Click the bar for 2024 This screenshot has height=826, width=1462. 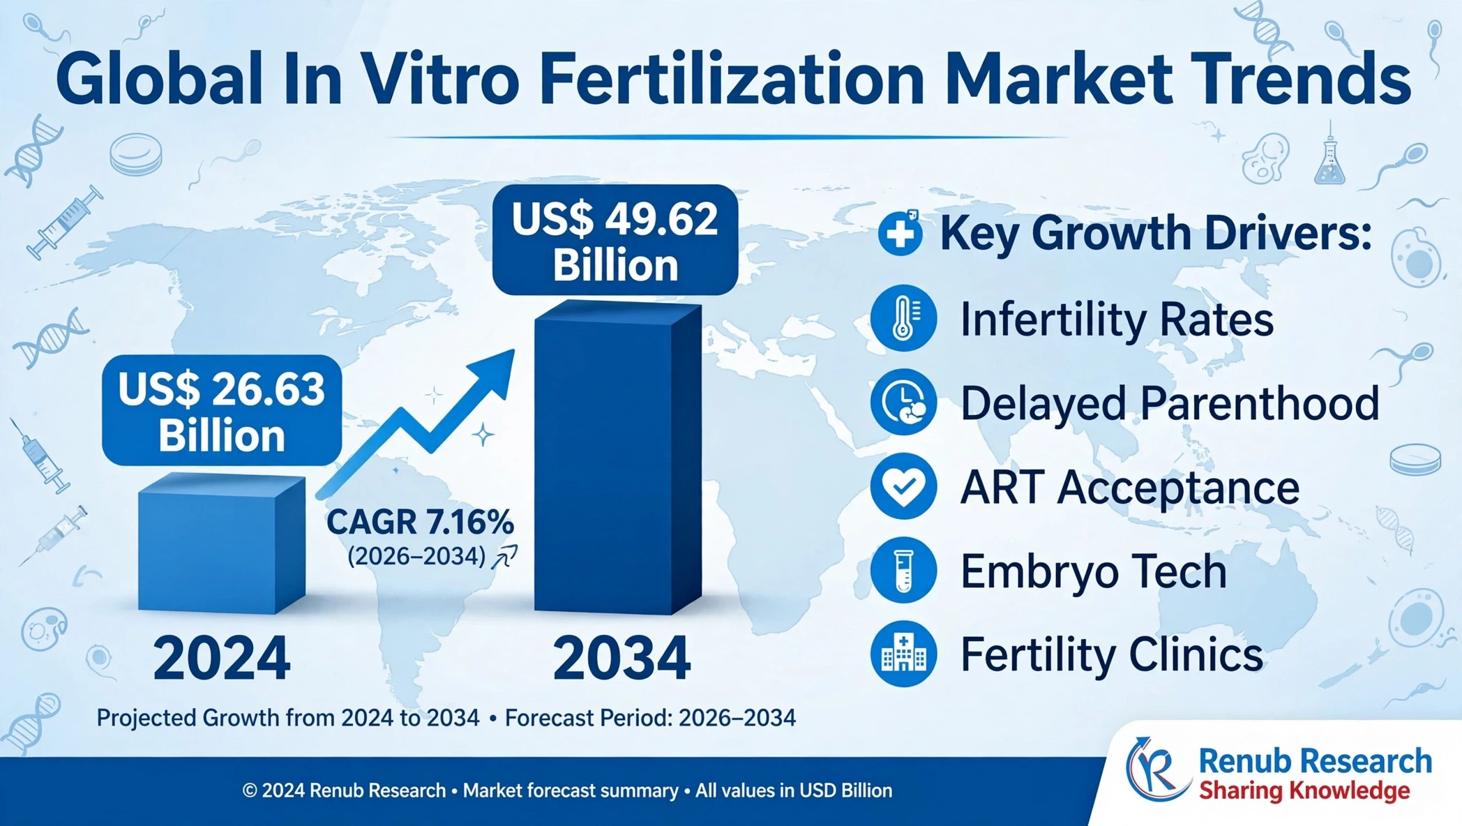(x=222, y=543)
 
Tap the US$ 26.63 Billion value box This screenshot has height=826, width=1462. (x=222, y=411)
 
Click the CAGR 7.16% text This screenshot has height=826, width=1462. (x=420, y=522)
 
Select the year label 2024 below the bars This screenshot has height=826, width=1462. (x=222, y=658)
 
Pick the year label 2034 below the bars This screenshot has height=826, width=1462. (x=621, y=658)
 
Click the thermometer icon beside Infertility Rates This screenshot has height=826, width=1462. (x=903, y=318)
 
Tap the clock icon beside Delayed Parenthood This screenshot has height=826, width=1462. (x=903, y=403)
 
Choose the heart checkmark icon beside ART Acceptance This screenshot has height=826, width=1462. (x=903, y=486)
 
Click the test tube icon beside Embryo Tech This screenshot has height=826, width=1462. (x=903, y=570)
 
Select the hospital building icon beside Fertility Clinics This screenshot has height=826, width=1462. (x=903, y=654)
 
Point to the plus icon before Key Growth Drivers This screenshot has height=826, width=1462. (x=900, y=233)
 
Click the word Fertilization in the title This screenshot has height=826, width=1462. (x=732, y=80)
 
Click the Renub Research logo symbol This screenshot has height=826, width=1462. (x=1156, y=770)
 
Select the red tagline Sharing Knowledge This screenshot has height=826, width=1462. (x=1304, y=791)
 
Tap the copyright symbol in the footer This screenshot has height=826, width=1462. (x=250, y=790)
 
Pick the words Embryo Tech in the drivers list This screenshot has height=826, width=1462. (x=1094, y=571)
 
